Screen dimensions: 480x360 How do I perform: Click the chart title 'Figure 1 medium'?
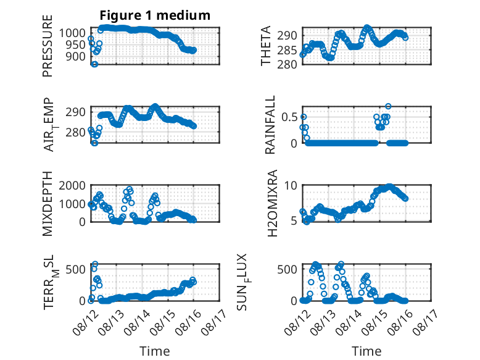click(x=155, y=15)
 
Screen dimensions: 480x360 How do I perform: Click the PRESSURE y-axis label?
click(x=48, y=46)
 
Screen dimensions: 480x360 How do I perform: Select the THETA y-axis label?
click(x=266, y=46)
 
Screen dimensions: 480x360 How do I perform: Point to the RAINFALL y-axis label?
click(x=270, y=125)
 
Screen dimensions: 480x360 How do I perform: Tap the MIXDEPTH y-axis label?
click(x=48, y=203)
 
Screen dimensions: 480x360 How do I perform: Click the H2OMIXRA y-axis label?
click(x=272, y=203)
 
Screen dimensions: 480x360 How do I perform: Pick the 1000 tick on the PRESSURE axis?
click(x=72, y=33)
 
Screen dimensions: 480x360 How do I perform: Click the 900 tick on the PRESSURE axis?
click(x=75, y=56)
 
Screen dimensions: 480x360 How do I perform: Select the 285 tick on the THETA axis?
click(x=287, y=50)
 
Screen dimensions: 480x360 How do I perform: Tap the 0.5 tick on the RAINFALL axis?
click(x=289, y=117)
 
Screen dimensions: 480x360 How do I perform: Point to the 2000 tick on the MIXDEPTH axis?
click(x=72, y=185)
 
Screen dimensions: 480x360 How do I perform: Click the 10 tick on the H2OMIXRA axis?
click(x=291, y=185)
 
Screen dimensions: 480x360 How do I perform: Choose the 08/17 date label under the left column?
click(x=214, y=322)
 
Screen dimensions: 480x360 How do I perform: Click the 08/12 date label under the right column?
click(x=297, y=322)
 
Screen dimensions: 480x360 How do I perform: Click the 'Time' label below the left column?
click(x=155, y=351)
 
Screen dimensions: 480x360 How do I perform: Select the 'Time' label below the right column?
click(x=366, y=351)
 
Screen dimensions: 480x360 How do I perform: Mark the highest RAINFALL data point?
click(x=388, y=106)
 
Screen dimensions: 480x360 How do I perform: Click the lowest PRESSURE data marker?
click(x=94, y=64)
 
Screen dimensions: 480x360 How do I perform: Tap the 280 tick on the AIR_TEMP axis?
click(x=75, y=132)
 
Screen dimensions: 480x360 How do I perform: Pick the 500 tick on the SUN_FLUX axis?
click(x=287, y=269)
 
